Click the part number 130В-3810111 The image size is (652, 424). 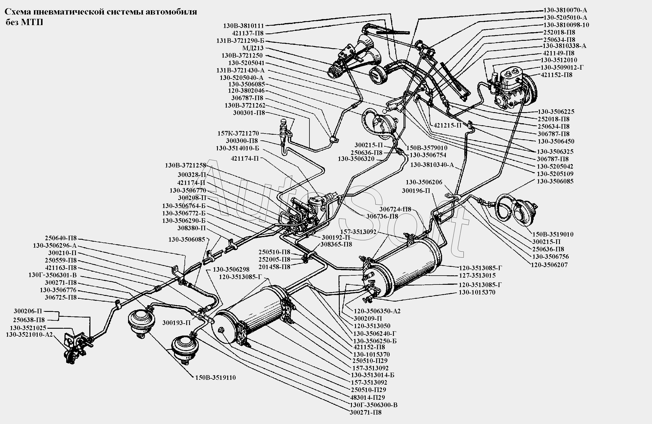[243, 26]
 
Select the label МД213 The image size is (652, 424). [253, 48]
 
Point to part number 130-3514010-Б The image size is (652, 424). [237, 148]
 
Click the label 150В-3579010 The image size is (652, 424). [427, 148]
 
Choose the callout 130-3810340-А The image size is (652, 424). [432, 165]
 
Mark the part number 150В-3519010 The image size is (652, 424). [553, 234]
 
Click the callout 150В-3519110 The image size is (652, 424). [215, 377]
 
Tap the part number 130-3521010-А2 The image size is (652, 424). [29, 335]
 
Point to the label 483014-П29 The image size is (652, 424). [367, 397]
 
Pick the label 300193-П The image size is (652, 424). [177, 323]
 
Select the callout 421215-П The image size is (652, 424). [448, 125]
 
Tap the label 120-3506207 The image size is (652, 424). [549, 265]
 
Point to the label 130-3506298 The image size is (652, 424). [231, 269]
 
